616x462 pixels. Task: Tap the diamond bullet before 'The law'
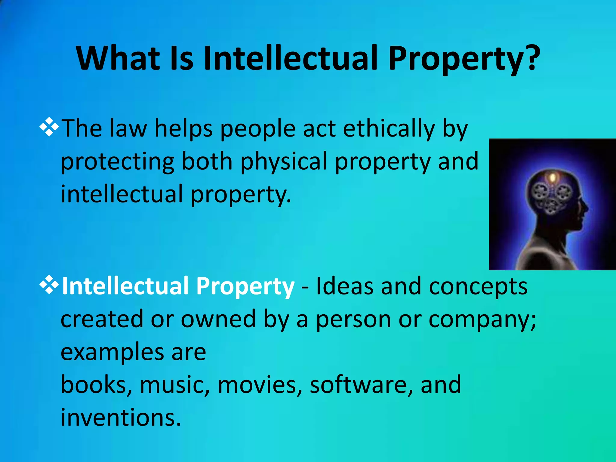pos(49,127)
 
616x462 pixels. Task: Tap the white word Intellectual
pos(125,286)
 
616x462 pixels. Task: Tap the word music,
pos(174,385)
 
